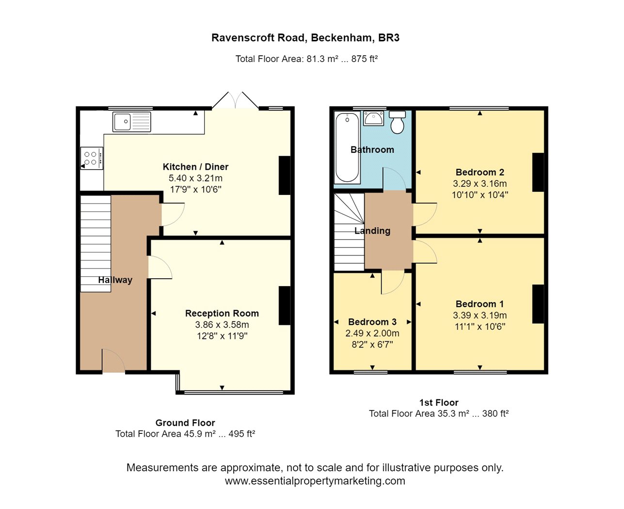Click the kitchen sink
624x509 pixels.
131,122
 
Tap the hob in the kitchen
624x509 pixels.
92,158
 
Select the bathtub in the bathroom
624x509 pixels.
347,147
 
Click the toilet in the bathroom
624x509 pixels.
398,123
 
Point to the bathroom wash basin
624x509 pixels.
373,118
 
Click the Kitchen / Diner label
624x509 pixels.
195,167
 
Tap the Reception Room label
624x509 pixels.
222,313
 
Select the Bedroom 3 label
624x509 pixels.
372,322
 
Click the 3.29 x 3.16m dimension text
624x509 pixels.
480,184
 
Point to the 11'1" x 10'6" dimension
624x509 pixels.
480,327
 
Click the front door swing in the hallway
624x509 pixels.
113,361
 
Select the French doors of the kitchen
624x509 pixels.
236,100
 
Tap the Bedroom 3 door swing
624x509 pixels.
392,282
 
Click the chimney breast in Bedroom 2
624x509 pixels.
538,172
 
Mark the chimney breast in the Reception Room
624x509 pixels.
285,305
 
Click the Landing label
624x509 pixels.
372,231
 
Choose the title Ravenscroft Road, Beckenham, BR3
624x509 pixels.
305,38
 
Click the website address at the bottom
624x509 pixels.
315,481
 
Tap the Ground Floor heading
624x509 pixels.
185,423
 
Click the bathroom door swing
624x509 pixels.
394,178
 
